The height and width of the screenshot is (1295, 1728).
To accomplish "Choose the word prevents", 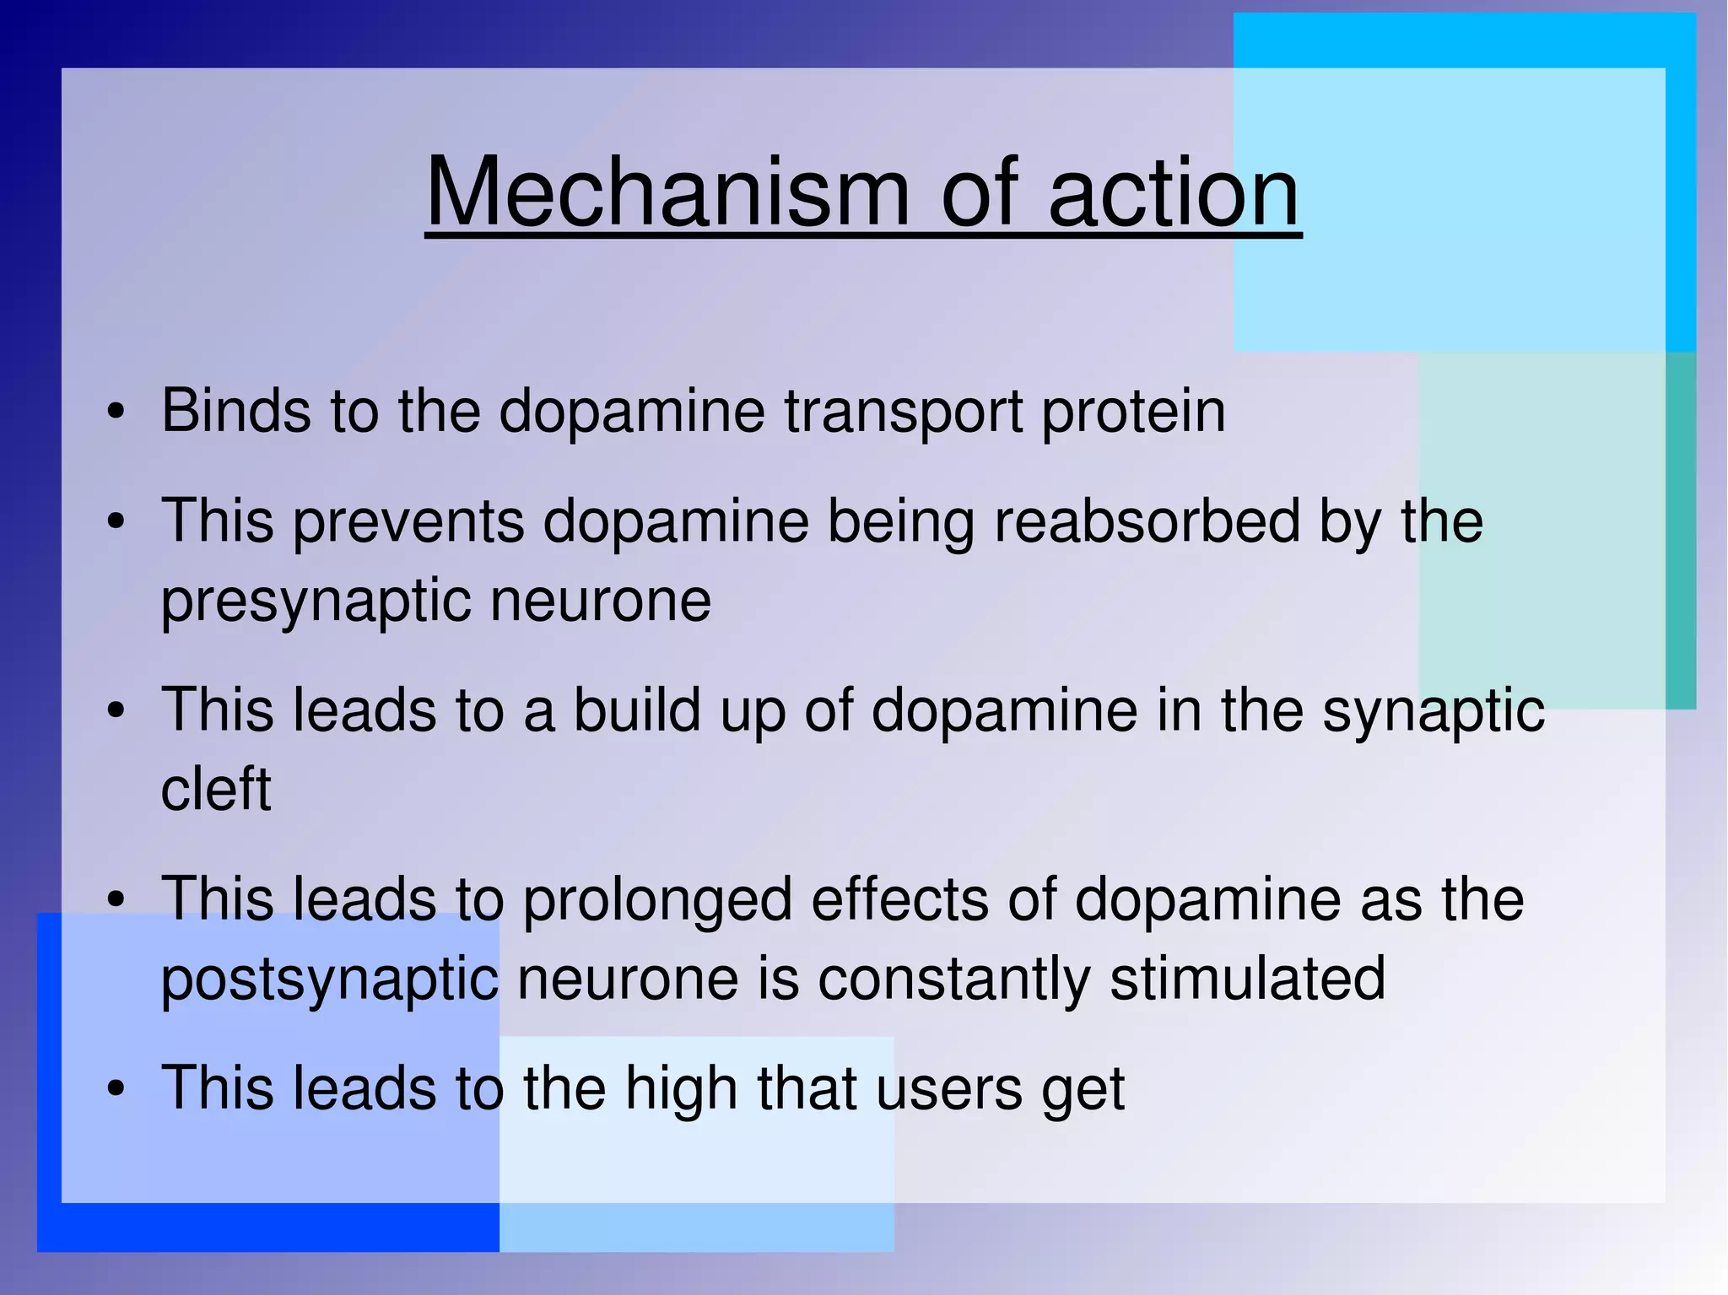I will (x=408, y=521).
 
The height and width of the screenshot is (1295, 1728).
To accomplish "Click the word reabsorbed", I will (x=1147, y=521).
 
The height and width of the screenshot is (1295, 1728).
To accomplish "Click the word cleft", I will (x=216, y=790).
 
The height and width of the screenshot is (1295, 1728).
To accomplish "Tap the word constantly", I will (x=953, y=979).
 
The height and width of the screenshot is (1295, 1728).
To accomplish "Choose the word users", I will (x=949, y=1089).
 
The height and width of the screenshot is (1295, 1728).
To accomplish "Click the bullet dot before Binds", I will (x=116, y=413).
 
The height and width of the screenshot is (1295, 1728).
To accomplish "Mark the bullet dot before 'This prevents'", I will (x=116, y=522).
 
